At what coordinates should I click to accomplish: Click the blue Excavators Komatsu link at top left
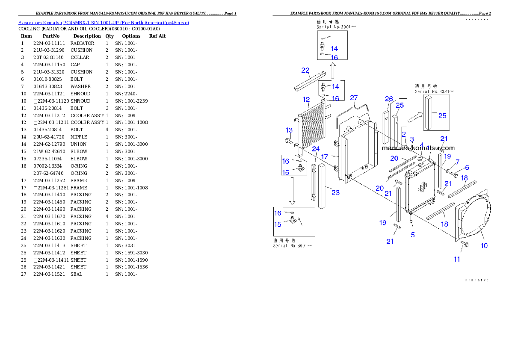[x=103, y=22]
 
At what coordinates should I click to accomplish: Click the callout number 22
[x=305, y=70]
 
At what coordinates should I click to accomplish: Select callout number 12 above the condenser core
[x=306, y=100]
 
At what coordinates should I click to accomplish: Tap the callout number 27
[x=354, y=98]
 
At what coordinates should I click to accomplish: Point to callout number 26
[x=388, y=99]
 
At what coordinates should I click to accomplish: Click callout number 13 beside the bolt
[x=290, y=130]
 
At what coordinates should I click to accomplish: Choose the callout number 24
[x=316, y=149]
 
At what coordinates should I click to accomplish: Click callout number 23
[x=335, y=192]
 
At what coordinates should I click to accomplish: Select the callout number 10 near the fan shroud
[x=484, y=245]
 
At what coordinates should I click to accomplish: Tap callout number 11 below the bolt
[x=457, y=259]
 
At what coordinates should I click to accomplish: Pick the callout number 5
[x=413, y=234]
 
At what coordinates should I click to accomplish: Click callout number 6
[x=467, y=168]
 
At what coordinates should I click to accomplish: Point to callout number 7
[x=457, y=162]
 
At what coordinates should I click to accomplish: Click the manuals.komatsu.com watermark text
[x=418, y=148]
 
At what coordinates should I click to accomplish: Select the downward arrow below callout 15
[x=293, y=190]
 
